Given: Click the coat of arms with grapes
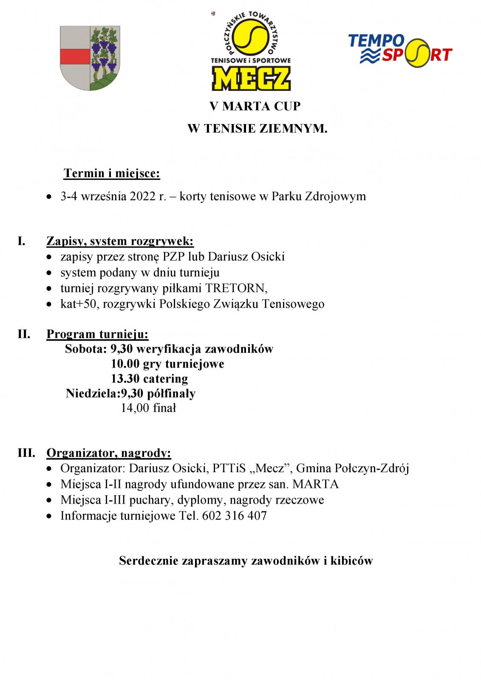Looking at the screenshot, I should pyautogui.click(x=89, y=58).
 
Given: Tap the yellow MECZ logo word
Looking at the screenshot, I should pyautogui.click(x=251, y=79).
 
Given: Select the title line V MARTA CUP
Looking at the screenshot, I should pyautogui.click(x=255, y=106).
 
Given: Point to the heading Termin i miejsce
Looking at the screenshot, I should pyautogui.click(x=112, y=173).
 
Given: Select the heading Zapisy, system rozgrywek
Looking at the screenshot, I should pyautogui.click(x=120, y=241).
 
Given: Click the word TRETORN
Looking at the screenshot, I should pyautogui.click(x=236, y=288).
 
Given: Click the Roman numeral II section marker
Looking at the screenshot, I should pyautogui.click(x=24, y=334).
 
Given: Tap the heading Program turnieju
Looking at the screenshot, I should pyautogui.click(x=97, y=334).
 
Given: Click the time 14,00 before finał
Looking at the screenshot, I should pyautogui.click(x=134, y=408).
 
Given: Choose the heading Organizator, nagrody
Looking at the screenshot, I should pyautogui.click(x=109, y=453).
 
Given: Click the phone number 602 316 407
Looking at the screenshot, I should pyautogui.click(x=235, y=516).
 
